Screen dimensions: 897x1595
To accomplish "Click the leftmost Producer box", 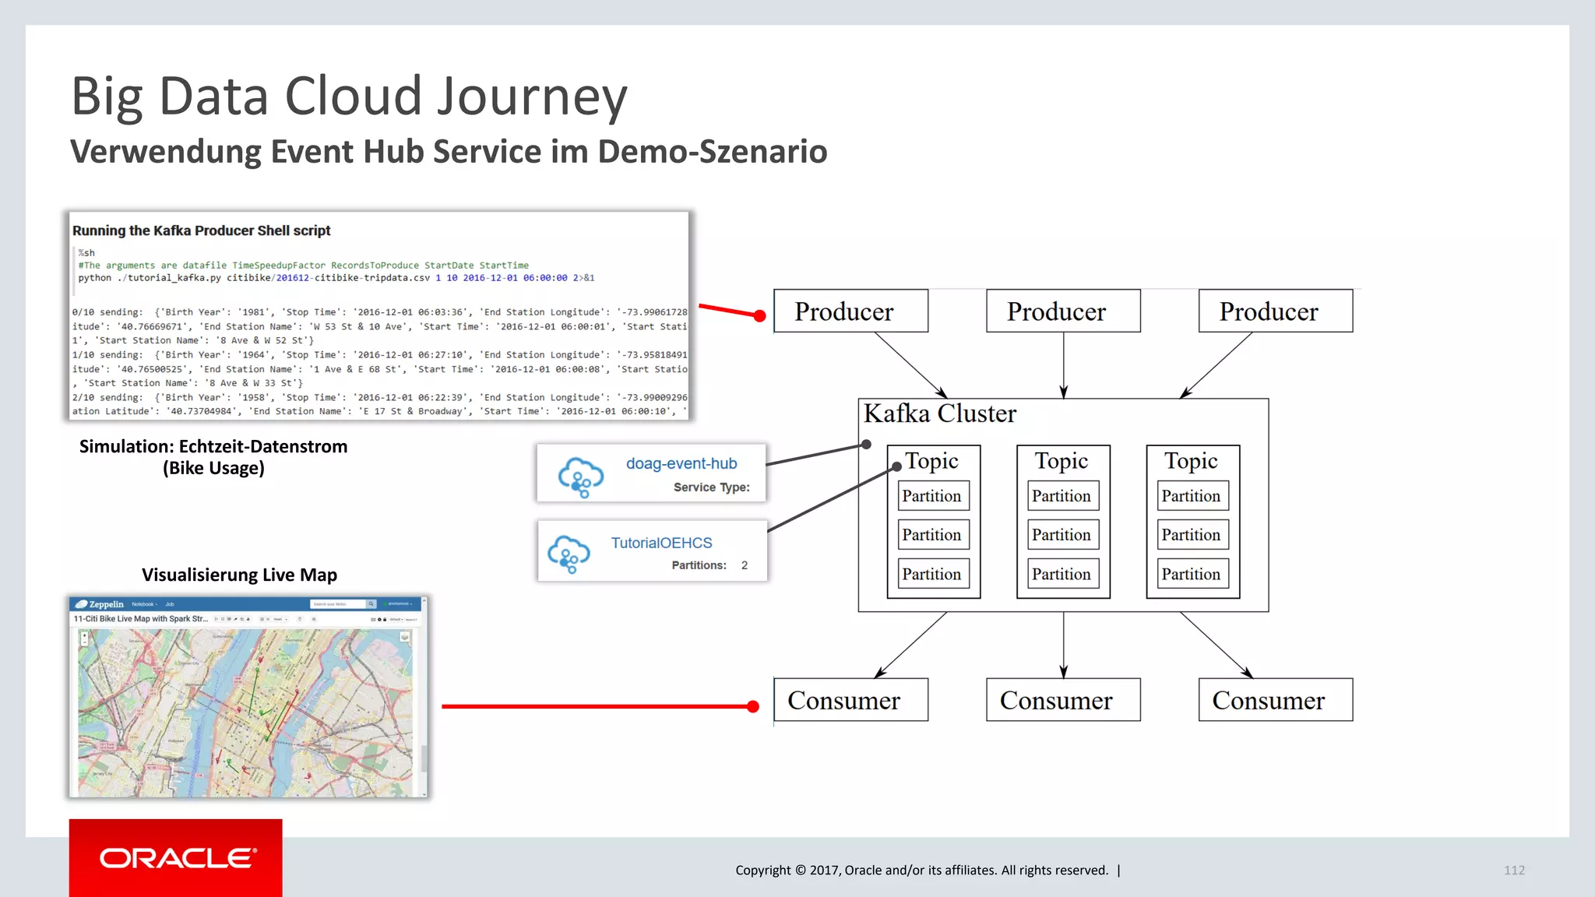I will [850, 311].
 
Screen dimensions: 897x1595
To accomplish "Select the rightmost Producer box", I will [1275, 311].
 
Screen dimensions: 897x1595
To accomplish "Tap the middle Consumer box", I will [1062, 700].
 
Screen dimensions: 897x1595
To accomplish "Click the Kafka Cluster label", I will [939, 413].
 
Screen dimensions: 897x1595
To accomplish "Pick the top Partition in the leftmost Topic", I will [931, 496].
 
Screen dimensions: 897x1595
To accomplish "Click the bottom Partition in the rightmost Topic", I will [1191, 574].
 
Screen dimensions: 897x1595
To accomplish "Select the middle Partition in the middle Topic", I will [1062, 535].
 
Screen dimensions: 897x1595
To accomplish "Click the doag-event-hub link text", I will [681, 463].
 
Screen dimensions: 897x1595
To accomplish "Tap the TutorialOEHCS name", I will [661, 543].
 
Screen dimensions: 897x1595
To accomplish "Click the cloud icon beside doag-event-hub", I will [580, 477].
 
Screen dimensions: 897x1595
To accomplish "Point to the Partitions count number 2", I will [745, 565].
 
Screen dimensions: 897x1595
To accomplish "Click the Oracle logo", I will [176, 858].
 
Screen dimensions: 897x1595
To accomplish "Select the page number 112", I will [1514, 871].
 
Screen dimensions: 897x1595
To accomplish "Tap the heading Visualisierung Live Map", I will [239, 575].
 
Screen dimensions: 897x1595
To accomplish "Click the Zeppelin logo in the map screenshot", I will [100, 604].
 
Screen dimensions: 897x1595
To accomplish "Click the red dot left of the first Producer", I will [759, 315].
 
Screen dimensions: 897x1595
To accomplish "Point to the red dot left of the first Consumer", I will [752, 706].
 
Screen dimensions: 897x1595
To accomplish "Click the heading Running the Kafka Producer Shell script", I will [201, 230].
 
